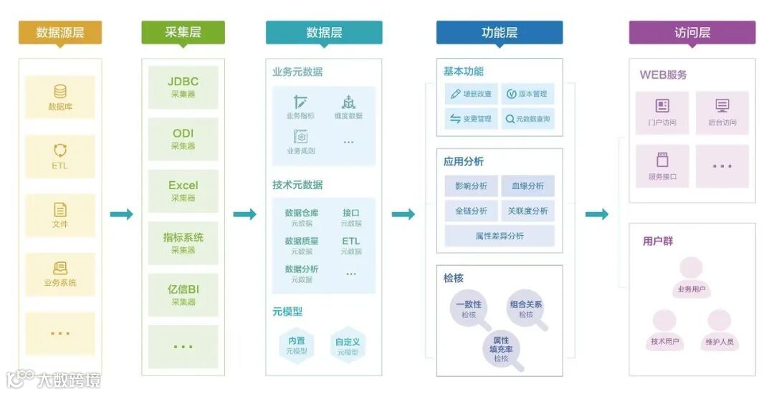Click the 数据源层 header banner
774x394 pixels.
click(x=60, y=32)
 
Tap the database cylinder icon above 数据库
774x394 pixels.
click(x=60, y=92)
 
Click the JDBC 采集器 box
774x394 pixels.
click(x=183, y=87)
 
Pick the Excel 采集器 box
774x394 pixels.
click(x=183, y=191)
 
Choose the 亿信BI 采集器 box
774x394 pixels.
click(x=183, y=294)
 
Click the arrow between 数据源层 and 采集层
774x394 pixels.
click(x=121, y=214)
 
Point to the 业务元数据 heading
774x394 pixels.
click(x=297, y=72)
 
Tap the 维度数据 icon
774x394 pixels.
click(x=348, y=102)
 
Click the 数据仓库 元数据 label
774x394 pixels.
click(x=302, y=217)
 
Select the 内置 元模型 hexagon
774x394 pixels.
click(x=297, y=345)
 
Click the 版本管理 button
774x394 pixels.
click(x=527, y=94)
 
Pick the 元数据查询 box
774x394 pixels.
click(x=527, y=119)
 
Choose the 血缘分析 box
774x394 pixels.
click(x=527, y=186)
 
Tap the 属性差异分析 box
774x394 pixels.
click(x=500, y=236)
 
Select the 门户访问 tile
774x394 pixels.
click(x=662, y=112)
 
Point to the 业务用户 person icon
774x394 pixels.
click(x=692, y=270)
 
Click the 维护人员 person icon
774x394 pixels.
click(x=719, y=322)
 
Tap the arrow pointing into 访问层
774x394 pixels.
click(x=596, y=214)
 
